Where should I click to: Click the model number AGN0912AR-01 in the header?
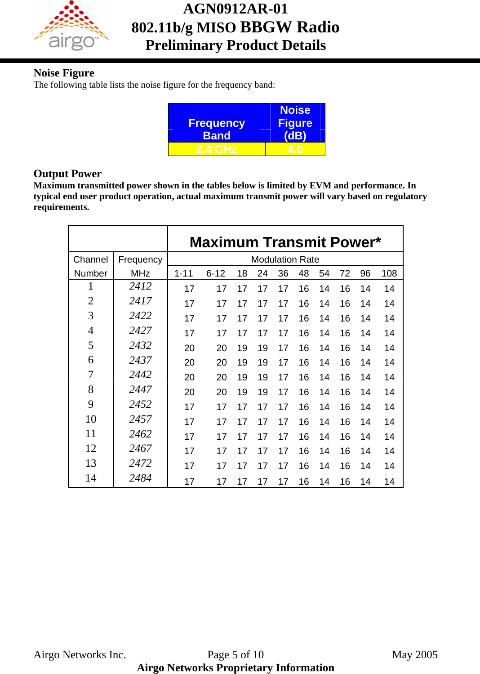tap(235, 9)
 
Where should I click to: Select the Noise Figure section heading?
tap(64, 73)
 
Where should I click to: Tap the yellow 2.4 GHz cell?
tap(216, 149)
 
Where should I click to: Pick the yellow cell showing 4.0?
tap(295, 149)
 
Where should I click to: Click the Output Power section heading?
tap(67, 174)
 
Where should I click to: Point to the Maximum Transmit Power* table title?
tap(285, 242)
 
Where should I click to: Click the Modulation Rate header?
tap(285, 259)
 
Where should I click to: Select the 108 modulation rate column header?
tap(389, 273)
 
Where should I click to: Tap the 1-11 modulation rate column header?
tap(183, 273)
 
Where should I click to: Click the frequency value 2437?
tap(140, 360)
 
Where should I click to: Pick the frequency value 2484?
tap(140, 478)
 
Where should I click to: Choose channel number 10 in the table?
tap(91, 419)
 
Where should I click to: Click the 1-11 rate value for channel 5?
tap(189, 348)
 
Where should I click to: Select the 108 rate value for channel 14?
tap(389, 482)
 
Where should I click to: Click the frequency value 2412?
tap(140, 286)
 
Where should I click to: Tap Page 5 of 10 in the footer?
tap(236, 655)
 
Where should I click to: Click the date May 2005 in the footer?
tap(414, 655)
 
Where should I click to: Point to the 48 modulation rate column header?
tap(304, 273)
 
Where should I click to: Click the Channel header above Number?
tap(90, 259)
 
